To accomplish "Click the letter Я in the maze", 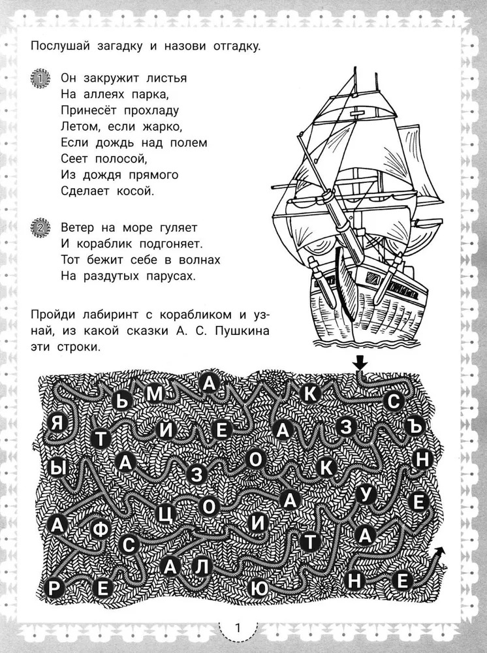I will (x=59, y=423).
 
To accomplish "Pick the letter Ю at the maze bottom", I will (x=259, y=588).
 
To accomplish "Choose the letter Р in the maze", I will (x=55, y=588).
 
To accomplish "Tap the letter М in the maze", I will (x=155, y=393).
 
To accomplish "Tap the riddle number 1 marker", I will (x=40, y=80).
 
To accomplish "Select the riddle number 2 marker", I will (x=40, y=229).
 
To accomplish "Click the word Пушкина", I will (x=237, y=332).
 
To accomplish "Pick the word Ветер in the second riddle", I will (x=77, y=229).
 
